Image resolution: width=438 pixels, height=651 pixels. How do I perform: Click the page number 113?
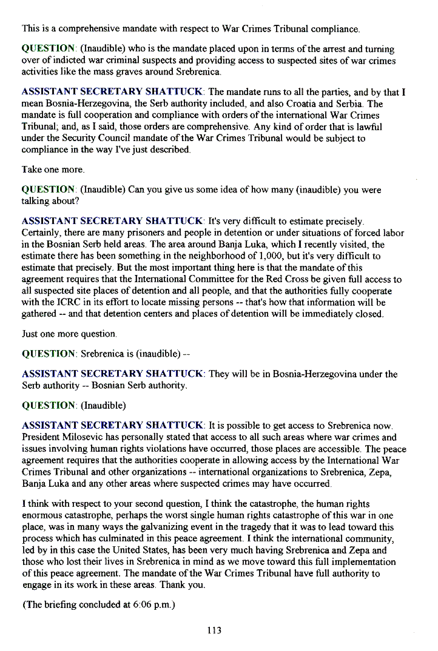pyautogui.click(x=214, y=630)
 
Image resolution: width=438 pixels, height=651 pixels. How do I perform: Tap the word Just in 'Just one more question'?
pyautogui.click(x=30, y=334)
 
